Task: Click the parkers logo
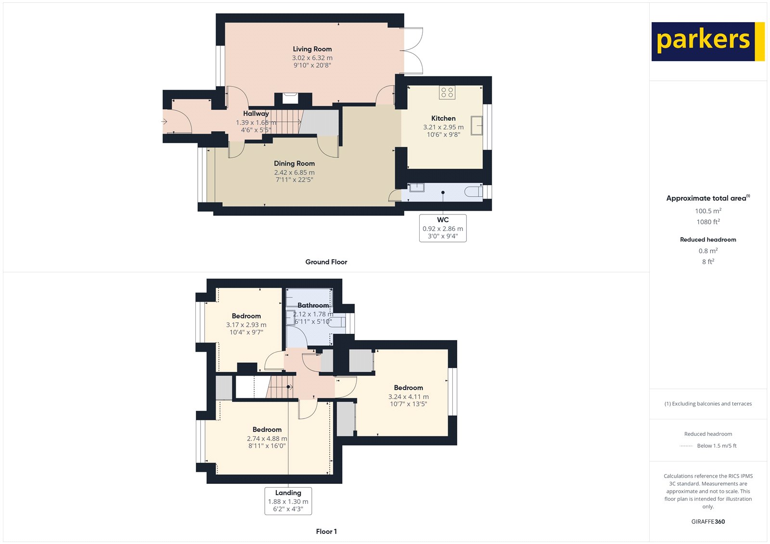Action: pos(707,41)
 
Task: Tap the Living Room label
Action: pos(312,49)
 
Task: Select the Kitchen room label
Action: pos(443,118)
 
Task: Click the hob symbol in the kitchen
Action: pos(447,92)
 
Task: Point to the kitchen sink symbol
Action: pos(476,126)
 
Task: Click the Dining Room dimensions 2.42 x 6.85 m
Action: pos(294,172)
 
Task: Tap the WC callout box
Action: pos(443,228)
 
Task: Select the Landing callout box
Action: pos(288,501)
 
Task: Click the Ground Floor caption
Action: pos(326,262)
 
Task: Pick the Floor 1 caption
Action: pos(326,531)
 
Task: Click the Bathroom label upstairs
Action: pos(313,305)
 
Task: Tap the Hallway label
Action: pos(256,114)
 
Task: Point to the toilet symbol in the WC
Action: pos(474,192)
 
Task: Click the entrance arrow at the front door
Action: pos(164,122)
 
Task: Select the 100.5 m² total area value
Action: pos(708,211)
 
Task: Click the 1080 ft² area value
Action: pos(708,222)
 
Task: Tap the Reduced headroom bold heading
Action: pos(708,240)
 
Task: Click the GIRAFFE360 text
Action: pos(708,521)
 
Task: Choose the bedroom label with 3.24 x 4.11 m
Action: pos(408,388)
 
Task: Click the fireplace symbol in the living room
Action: pos(290,98)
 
